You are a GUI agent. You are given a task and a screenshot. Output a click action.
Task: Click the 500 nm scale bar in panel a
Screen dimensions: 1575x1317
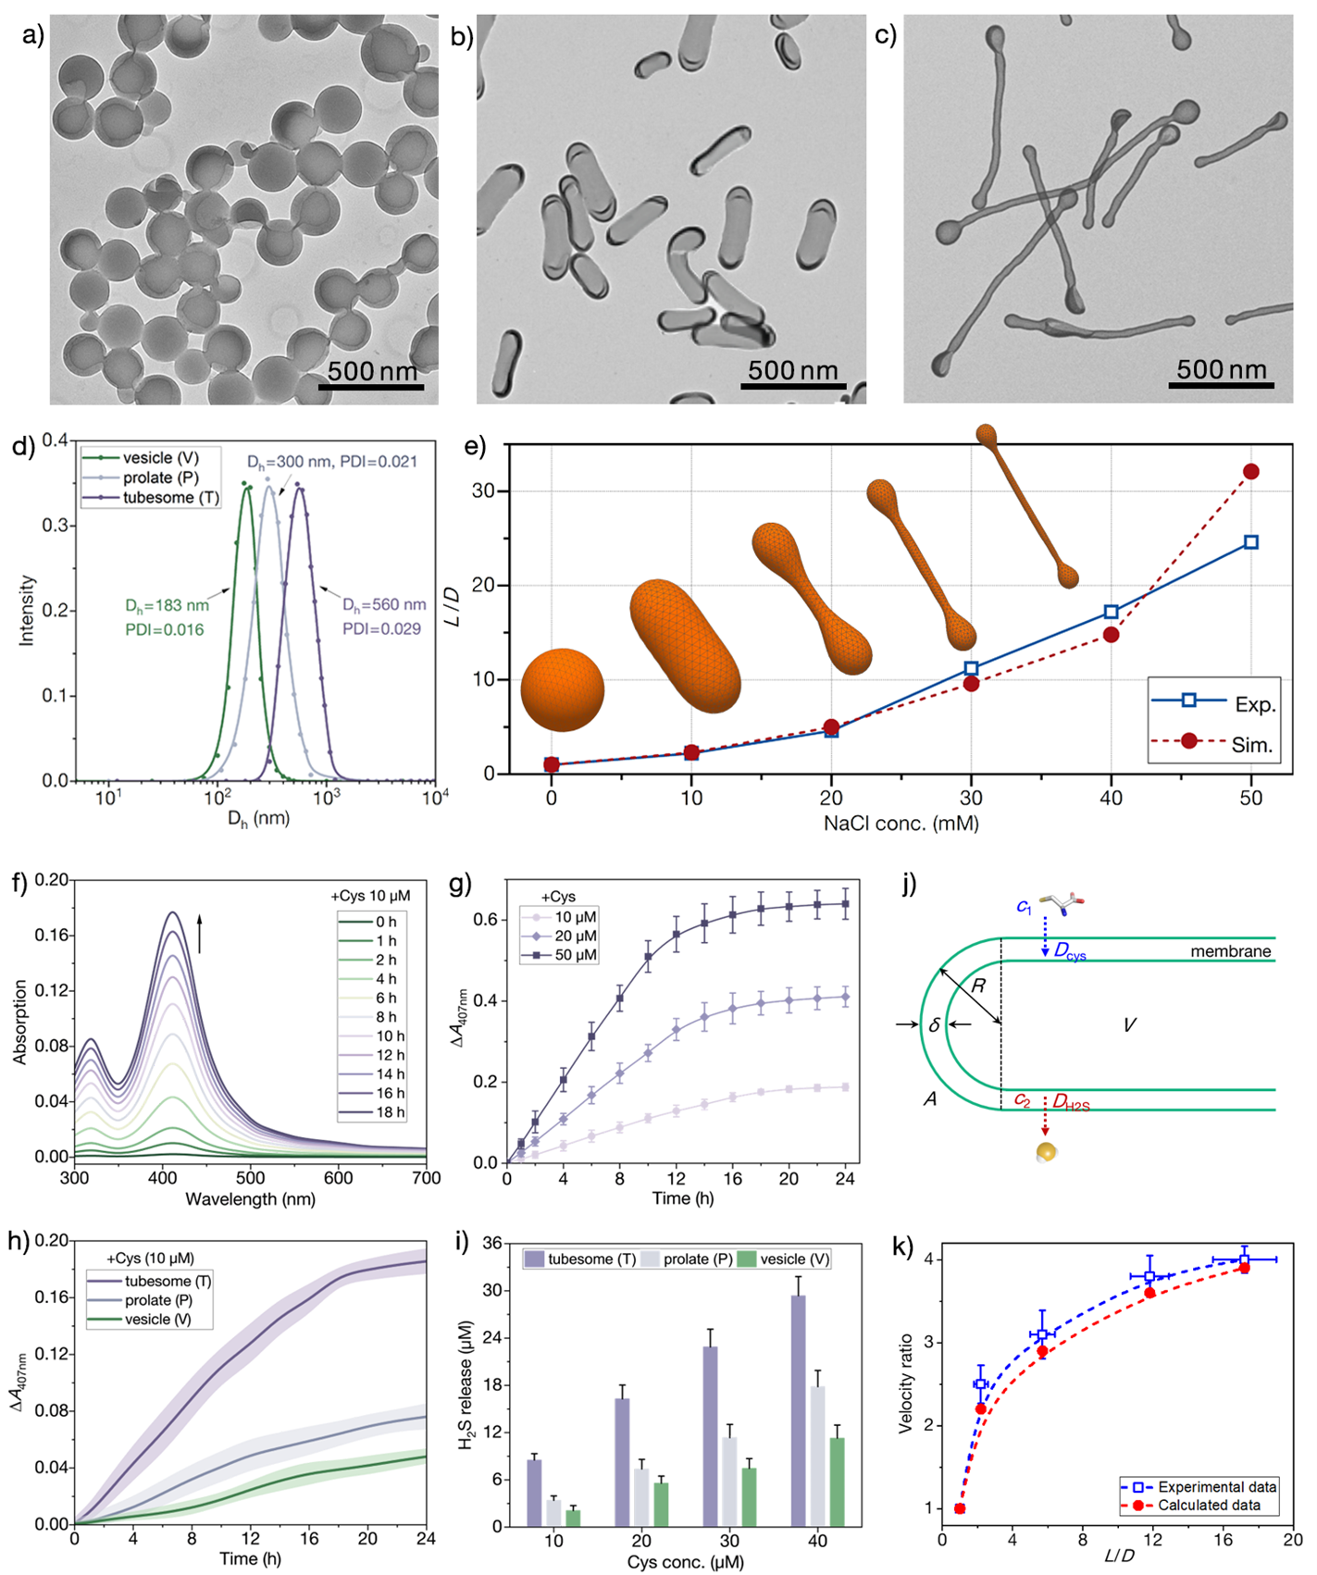pyautogui.click(x=371, y=385)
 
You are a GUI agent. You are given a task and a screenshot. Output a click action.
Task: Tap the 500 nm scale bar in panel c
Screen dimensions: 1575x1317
pyautogui.click(x=1221, y=384)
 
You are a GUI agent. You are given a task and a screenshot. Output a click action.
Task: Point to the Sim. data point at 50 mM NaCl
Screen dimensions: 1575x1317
pyautogui.click(x=1251, y=472)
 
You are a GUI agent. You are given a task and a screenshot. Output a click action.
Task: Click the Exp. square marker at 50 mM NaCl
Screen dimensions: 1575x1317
pyautogui.click(x=1251, y=542)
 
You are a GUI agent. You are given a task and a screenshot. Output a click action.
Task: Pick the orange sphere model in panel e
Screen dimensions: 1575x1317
pyautogui.click(x=563, y=689)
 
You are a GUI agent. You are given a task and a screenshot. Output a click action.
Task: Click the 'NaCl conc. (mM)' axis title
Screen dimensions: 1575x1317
pyautogui.click(x=901, y=823)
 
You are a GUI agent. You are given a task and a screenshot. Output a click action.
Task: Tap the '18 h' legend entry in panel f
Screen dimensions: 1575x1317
pyautogui.click(x=385, y=1112)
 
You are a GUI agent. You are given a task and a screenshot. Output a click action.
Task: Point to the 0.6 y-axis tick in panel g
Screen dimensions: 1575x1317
pyautogui.click(x=488, y=920)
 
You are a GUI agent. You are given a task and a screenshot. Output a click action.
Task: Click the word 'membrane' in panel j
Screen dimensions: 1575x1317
pyautogui.click(x=1230, y=951)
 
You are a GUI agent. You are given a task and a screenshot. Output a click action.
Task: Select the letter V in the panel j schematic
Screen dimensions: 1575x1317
pyautogui.click(x=1129, y=1025)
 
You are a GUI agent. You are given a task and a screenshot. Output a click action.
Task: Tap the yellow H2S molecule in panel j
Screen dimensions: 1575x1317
pyautogui.click(x=1046, y=1153)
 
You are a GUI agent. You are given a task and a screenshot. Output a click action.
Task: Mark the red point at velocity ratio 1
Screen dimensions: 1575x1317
pyautogui.click(x=960, y=1508)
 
